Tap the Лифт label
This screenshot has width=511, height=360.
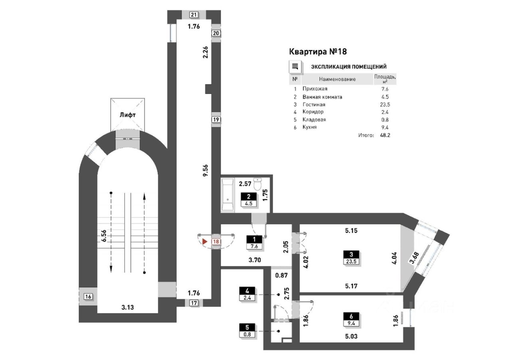(x=127, y=115)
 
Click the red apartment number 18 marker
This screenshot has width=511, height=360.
(x=216, y=241)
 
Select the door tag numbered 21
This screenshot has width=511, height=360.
(x=194, y=15)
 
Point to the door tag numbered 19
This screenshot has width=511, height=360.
(x=216, y=119)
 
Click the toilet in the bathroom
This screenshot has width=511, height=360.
(x=257, y=184)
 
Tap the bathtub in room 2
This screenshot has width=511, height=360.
(x=228, y=195)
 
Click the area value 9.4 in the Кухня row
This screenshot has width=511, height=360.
(x=385, y=127)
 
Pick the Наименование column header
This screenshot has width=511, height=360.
(x=337, y=79)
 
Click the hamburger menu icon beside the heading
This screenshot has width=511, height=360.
(x=295, y=67)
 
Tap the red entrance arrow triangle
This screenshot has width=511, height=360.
(x=205, y=241)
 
